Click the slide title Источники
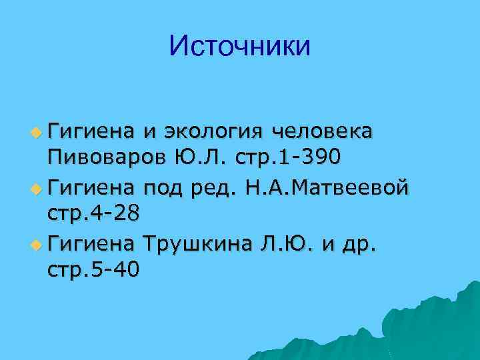click(240, 46)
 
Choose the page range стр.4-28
click(94, 215)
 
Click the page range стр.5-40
click(94, 272)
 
